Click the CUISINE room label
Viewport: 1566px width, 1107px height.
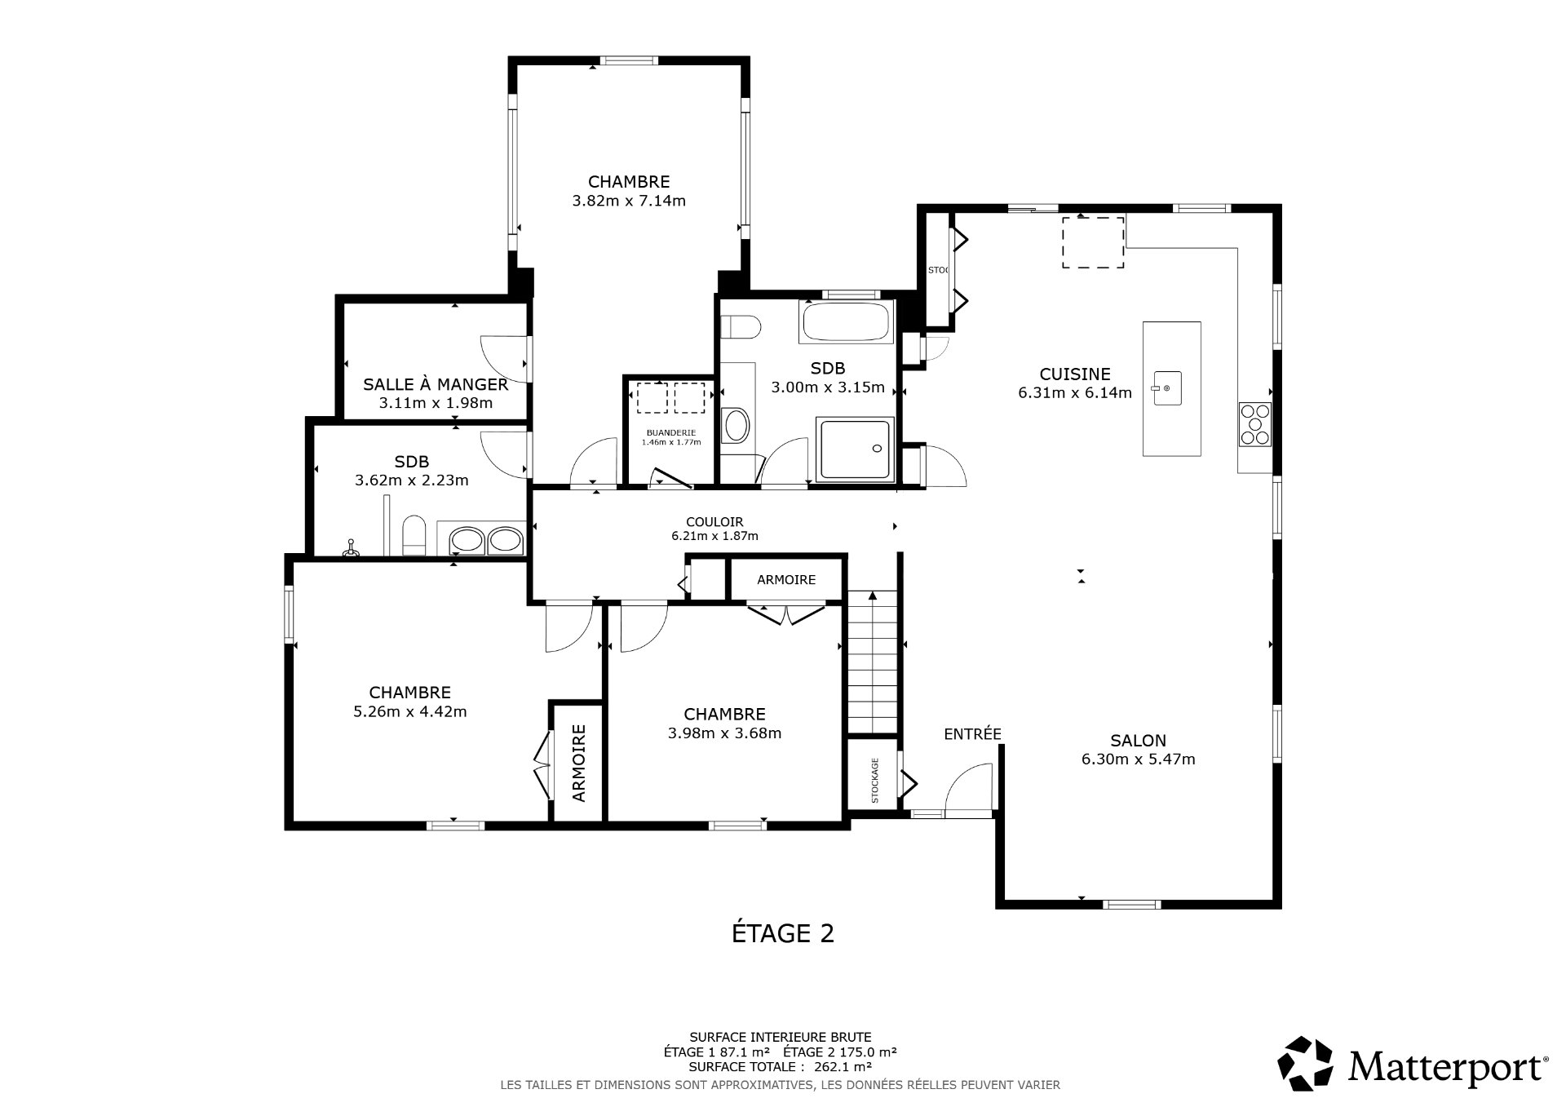[x=1074, y=374]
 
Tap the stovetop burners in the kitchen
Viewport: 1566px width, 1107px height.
[x=1254, y=424]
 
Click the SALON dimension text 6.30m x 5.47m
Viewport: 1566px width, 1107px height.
[x=1138, y=759]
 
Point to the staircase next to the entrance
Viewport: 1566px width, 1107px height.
[x=873, y=661]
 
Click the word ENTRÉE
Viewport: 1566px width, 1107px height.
[x=972, y=733]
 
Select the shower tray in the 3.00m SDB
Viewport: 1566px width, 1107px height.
[x=856, y=449]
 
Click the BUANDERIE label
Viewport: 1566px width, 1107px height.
[x=670, y=432]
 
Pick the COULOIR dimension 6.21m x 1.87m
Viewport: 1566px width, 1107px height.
[x=714, y=536]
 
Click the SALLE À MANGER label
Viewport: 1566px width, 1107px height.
[x=436, y=384]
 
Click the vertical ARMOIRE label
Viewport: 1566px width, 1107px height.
[x=578, y=763]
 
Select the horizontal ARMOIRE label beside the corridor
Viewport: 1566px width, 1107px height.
[x=785, y=580]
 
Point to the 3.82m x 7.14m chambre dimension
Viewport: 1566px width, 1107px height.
[x=628, y=201]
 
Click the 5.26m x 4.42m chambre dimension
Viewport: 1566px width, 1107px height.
[x=409, y=711]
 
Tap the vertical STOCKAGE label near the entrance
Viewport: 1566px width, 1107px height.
[x=875, y=781]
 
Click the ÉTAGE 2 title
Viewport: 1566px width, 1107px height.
[x=782, y=933]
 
